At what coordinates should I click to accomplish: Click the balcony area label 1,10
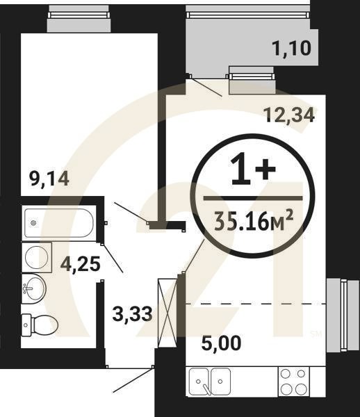tap(291, 49)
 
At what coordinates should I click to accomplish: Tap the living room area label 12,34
tap(289, 114)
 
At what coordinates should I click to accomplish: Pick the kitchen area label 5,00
tap(224, 343)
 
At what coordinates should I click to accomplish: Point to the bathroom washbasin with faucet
tap(35, 287)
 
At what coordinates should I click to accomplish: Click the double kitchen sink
tap(210, 382)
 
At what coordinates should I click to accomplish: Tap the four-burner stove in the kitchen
tap(293, 381)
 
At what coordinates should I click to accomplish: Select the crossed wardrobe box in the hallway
tap(167, 313)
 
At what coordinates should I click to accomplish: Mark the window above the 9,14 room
tap(79, 21)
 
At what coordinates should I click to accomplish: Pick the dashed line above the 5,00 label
tap(254, 304)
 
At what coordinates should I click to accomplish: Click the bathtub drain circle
tap(32, 223)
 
